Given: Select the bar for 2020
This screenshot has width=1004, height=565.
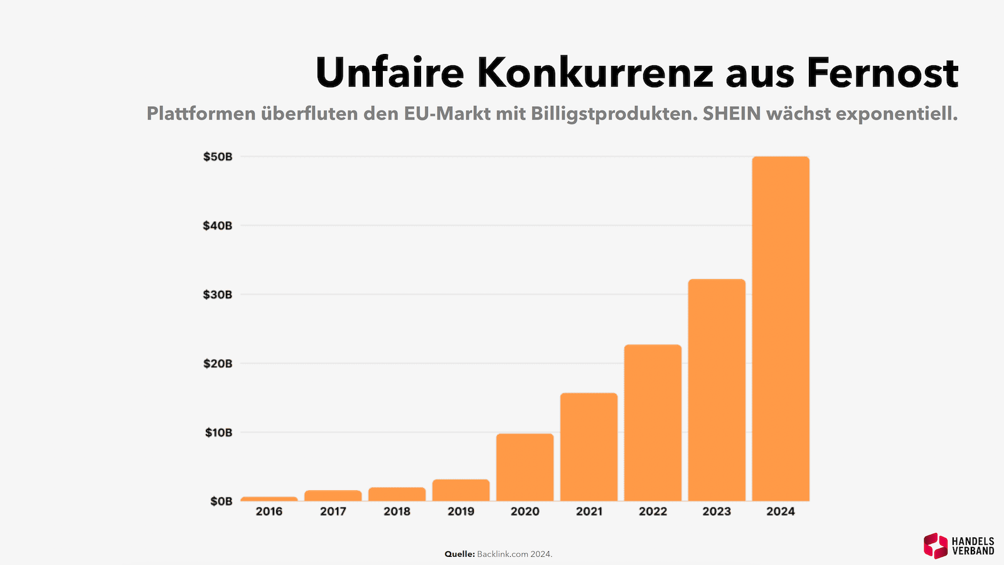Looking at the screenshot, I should (525, 467).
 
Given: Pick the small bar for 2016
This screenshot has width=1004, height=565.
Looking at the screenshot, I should (269, 499).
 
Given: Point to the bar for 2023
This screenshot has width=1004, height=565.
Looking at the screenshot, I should (717, 390).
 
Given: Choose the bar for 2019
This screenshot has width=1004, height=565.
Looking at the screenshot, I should (461, 490).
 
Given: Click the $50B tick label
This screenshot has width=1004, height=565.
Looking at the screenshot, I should (218, 157).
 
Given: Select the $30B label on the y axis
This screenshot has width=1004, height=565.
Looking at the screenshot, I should (218, 294).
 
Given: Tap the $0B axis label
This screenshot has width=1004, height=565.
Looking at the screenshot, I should (221, 501).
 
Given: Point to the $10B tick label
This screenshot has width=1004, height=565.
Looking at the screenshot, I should (218, 433).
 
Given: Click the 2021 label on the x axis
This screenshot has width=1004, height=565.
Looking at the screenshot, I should (589, 512).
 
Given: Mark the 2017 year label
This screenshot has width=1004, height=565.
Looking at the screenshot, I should (333, 512).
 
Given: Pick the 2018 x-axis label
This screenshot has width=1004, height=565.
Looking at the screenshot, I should (397, 512).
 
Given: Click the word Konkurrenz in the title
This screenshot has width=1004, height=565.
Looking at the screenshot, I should (595, 73).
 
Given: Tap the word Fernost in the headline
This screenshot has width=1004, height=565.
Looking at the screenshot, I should (882, 73).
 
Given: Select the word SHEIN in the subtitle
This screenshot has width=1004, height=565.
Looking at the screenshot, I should (732, 114).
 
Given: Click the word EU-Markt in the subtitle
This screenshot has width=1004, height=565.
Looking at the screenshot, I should (447, 114).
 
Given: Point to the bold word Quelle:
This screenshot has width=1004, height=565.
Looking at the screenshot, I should (459, 554).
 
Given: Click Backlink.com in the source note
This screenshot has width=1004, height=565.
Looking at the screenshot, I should (502, 554).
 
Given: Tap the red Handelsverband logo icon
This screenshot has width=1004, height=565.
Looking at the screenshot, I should (936, 546).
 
